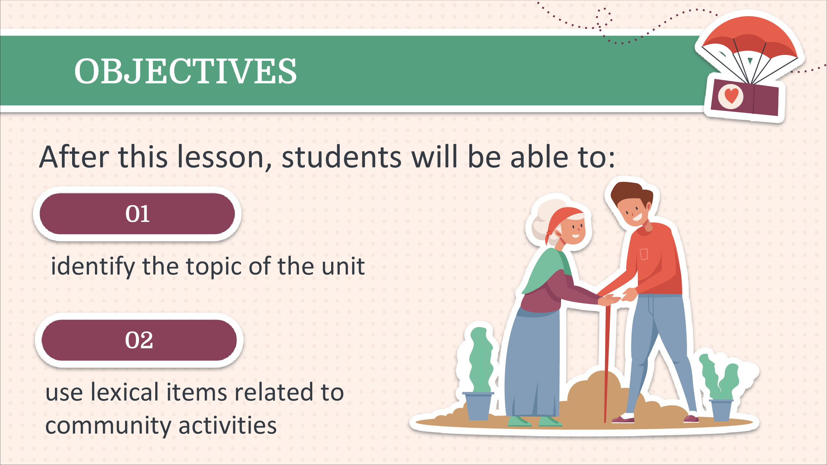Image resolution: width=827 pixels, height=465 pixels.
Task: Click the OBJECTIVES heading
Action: [186, 71]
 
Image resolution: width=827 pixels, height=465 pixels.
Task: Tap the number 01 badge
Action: [137, 214]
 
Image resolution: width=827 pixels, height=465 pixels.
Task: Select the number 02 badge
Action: [139, 340]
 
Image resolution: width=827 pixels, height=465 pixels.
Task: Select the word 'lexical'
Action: [125, 392]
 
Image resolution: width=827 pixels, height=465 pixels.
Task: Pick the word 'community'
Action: [108, 426]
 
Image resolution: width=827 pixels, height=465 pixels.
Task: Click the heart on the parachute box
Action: [731, 96]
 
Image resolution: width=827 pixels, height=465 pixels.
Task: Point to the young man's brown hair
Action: [630, 193]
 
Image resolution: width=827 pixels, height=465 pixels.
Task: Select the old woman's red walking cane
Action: [607, 364]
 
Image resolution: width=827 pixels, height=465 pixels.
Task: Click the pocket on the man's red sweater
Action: [644, 254]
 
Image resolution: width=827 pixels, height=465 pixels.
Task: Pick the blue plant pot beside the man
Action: [721, 410]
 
